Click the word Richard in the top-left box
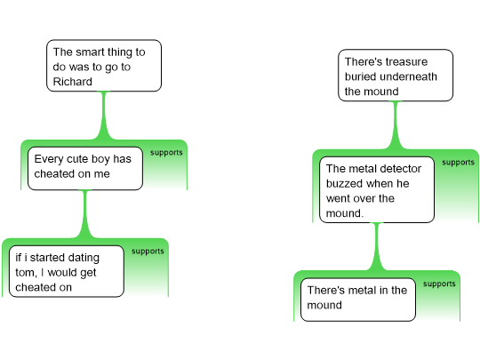click(x=73, y=82)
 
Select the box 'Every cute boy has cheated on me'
click(x=85, y=168)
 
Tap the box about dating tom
click(x=67, y=271)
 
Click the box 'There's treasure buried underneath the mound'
click(x=396, y=75)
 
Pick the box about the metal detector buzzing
click(x=377, y=190)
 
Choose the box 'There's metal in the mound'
click(x=358, y=300)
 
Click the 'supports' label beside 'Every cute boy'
click(x=166, y=153)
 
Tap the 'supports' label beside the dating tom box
click(x=148, y=252)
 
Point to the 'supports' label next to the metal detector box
click(x=458, y=163)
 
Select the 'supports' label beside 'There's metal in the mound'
click(x=439, y=284)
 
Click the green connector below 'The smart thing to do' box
click(x=104, y=116)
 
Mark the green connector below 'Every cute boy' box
click(x=85, y=214)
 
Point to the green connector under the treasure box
click(x=396, y=125)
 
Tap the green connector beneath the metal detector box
click(x=377, y=247)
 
